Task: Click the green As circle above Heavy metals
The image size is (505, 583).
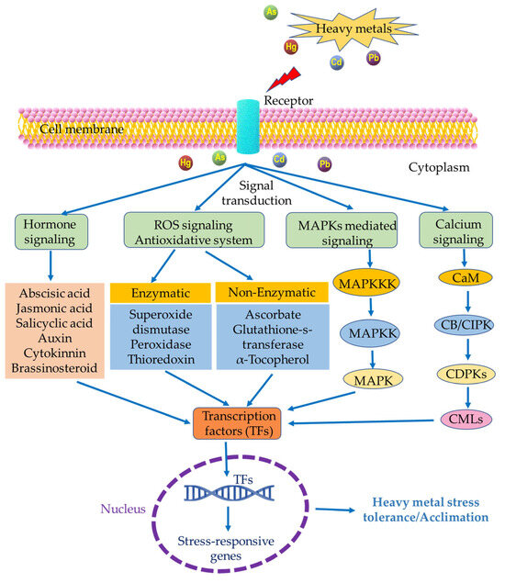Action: tap(272, 13)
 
